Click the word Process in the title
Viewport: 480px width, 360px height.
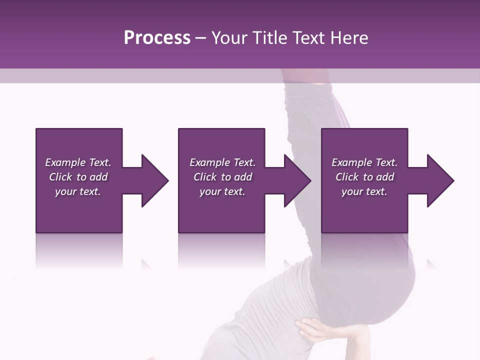click(157, 38)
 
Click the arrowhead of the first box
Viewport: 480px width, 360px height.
click(154, 180)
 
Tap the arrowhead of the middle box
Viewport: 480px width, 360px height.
click(297, 180)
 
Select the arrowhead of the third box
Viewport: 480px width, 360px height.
click(440, 180)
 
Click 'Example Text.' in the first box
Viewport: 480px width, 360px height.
click(78, 162)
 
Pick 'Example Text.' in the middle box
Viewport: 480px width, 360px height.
click(222, 162)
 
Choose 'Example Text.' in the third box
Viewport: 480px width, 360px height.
click(364, 162)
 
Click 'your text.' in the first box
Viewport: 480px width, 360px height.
click(78, 191)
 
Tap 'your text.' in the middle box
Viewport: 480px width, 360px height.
click(222, 191)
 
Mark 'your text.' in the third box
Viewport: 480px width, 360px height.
click(364, 191)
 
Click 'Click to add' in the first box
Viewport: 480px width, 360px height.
click(78, 177)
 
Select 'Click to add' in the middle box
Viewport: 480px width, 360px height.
click(222, 177)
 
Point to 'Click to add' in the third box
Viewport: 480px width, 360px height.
click(364, 177)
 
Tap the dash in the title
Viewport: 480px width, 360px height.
click(201, 38)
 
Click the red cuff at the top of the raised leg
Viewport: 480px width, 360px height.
click(305, 75)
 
